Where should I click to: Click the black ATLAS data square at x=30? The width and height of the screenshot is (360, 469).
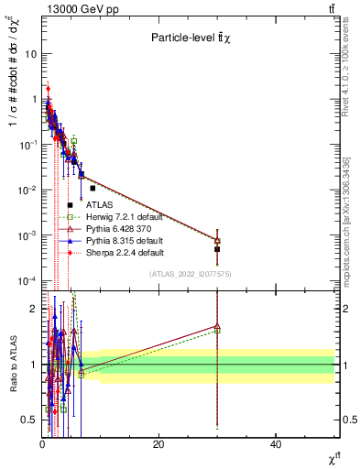(217, 249)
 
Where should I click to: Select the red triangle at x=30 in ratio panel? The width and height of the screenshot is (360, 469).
(217, 325)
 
